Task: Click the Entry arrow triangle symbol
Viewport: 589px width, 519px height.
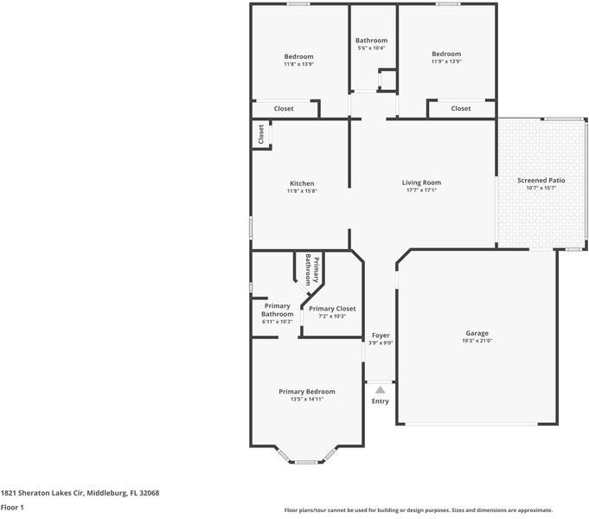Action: click(x=380, y=390)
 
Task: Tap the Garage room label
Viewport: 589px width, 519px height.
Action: click(x=477, y=333)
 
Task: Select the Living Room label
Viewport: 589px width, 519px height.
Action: click(x=421, y=183)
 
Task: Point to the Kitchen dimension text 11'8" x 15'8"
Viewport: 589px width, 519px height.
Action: click(x=301, y=191)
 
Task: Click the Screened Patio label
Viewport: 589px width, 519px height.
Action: click(x=541, y=180)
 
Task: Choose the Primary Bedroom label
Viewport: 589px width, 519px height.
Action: click(x=306, y=392)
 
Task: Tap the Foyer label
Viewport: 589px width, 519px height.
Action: click(x=381, y=335)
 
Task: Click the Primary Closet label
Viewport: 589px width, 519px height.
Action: click(x=331, y=309)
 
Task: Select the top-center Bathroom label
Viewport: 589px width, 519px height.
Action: click(x=371, y=41)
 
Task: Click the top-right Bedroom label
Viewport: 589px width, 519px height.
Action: click(x=446, y=54)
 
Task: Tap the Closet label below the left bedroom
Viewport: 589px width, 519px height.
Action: click(x=284, y=109)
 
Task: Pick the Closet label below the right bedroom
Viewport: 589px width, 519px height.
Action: click(x=461, y=109)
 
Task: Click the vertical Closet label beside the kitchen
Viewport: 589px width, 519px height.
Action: click(x=260, y=134)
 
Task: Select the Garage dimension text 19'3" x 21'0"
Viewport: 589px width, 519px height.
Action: click(x=477, y=341)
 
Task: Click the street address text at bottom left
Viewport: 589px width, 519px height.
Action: click(x=80, y=493)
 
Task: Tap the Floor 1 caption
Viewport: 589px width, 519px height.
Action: click(x=12, y=508)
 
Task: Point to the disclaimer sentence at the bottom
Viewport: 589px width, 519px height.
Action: click(x=419, y=510)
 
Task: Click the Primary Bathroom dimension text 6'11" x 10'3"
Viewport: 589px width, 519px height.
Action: click(x=277, y=322)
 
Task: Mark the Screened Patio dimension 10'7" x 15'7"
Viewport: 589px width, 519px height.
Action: click(x=541, y=188)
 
